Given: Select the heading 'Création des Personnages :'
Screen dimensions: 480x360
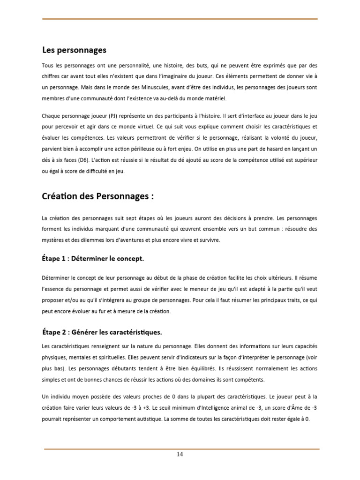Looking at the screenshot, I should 98,197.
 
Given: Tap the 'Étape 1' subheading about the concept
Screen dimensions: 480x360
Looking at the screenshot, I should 93,258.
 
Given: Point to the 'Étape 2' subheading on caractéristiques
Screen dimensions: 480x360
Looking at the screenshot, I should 102,332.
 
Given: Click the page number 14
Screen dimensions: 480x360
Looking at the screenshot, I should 180,454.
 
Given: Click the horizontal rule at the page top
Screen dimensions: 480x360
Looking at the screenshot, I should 180,19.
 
